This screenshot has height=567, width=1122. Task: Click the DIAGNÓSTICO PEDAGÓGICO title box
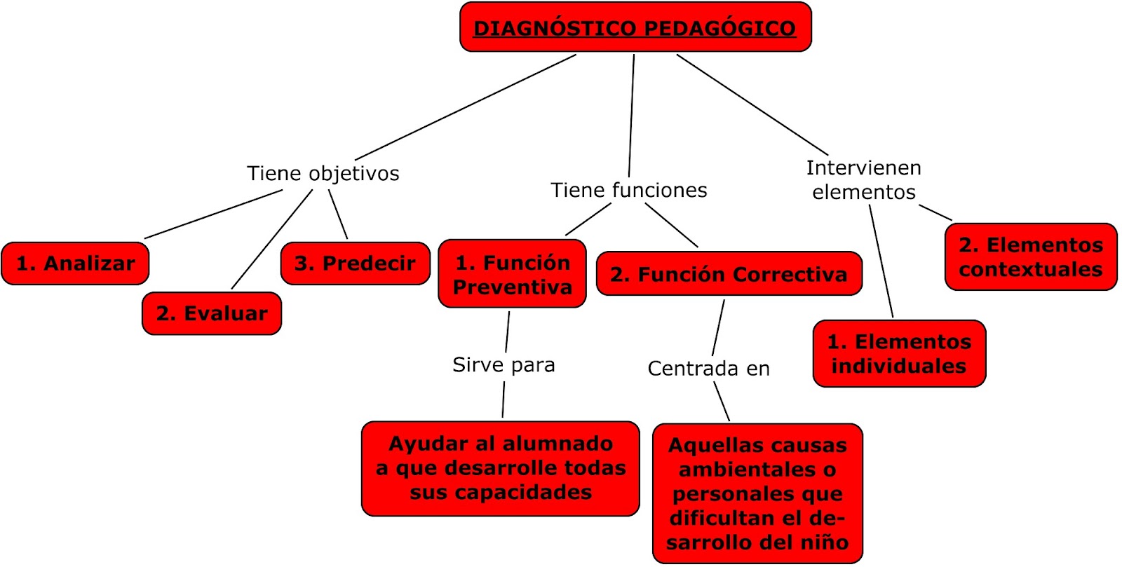(635, 27)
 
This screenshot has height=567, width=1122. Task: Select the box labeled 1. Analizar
(75, 264)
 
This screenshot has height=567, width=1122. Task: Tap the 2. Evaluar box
(211, 313)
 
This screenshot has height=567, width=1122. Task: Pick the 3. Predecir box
(355, 264)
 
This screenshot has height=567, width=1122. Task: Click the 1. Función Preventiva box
(512, 274)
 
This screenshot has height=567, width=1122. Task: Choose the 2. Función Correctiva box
(729, 274)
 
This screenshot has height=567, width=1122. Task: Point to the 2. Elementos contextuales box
(1030, 257)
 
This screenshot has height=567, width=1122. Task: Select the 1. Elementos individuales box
(899, 353)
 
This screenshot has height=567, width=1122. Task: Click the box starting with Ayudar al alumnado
(500, 468)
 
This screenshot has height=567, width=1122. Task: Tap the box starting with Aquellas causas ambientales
(757, 493)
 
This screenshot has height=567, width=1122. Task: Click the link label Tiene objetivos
(323, 173)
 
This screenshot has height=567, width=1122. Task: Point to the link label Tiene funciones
(629, 190)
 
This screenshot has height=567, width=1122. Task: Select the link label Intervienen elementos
(864, 179)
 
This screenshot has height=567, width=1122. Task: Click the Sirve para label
(503, 364)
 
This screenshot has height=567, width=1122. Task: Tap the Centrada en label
(708, 368)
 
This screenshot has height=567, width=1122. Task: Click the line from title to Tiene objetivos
(466, 107)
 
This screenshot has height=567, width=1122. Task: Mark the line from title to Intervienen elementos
(752, 104)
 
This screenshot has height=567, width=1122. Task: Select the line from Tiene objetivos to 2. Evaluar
(272, 238)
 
